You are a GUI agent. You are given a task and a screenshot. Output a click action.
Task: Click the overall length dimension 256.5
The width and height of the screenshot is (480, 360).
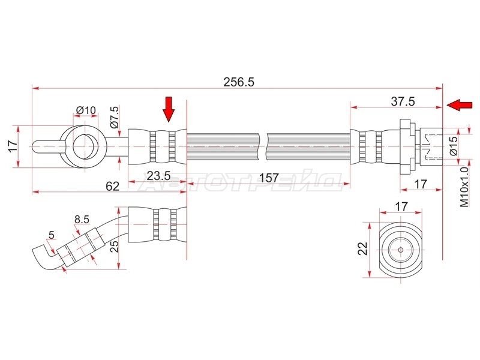pyautogui.click(x=239, y=82)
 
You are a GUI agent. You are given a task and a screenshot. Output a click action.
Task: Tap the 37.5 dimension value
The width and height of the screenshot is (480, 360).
pyautogui.click(x=403, y=101)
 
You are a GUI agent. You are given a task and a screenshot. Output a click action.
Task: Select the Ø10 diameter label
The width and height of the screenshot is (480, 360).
pyautogui.click(x=86, y=110)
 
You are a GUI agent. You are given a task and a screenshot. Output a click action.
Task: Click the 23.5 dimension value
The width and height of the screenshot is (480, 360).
pyautogui.click(x=158, y=176)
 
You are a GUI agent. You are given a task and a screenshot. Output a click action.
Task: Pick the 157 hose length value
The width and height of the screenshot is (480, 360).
pyautogui.click(x=268, y=178)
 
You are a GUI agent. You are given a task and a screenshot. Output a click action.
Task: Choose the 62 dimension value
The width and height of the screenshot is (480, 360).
pyautogui.click(x=112, y=186)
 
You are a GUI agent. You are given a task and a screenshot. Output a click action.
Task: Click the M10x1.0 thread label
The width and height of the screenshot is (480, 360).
pyautogui.click(x=464, y=187)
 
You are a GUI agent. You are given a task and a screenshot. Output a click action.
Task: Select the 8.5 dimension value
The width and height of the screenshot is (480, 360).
pyautogui.click(x=82, y=219)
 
